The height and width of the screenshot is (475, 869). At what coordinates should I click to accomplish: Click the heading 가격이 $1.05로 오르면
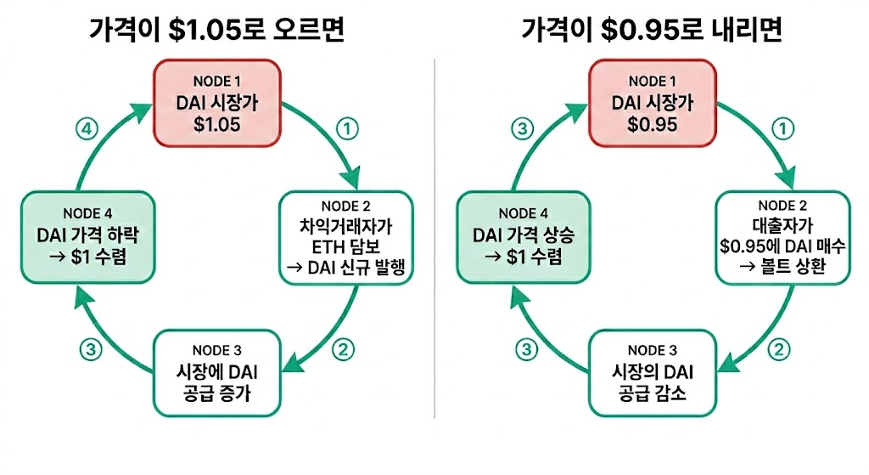tap(218, 31)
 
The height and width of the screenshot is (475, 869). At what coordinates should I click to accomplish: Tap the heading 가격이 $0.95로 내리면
tap(652, 31)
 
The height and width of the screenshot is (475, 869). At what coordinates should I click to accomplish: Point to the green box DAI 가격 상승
tap(523, 238)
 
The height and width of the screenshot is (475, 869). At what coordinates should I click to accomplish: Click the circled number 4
tap(87, 129)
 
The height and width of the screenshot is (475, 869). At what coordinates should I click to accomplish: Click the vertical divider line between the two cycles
tap(434, 238)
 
